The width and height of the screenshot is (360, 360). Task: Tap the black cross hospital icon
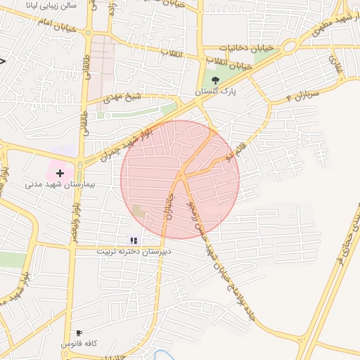[60, 172]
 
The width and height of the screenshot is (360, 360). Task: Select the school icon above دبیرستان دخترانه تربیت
[134, 240]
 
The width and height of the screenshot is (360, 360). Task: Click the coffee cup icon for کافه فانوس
[79, 333]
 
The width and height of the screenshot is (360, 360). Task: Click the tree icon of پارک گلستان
[215, 80]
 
